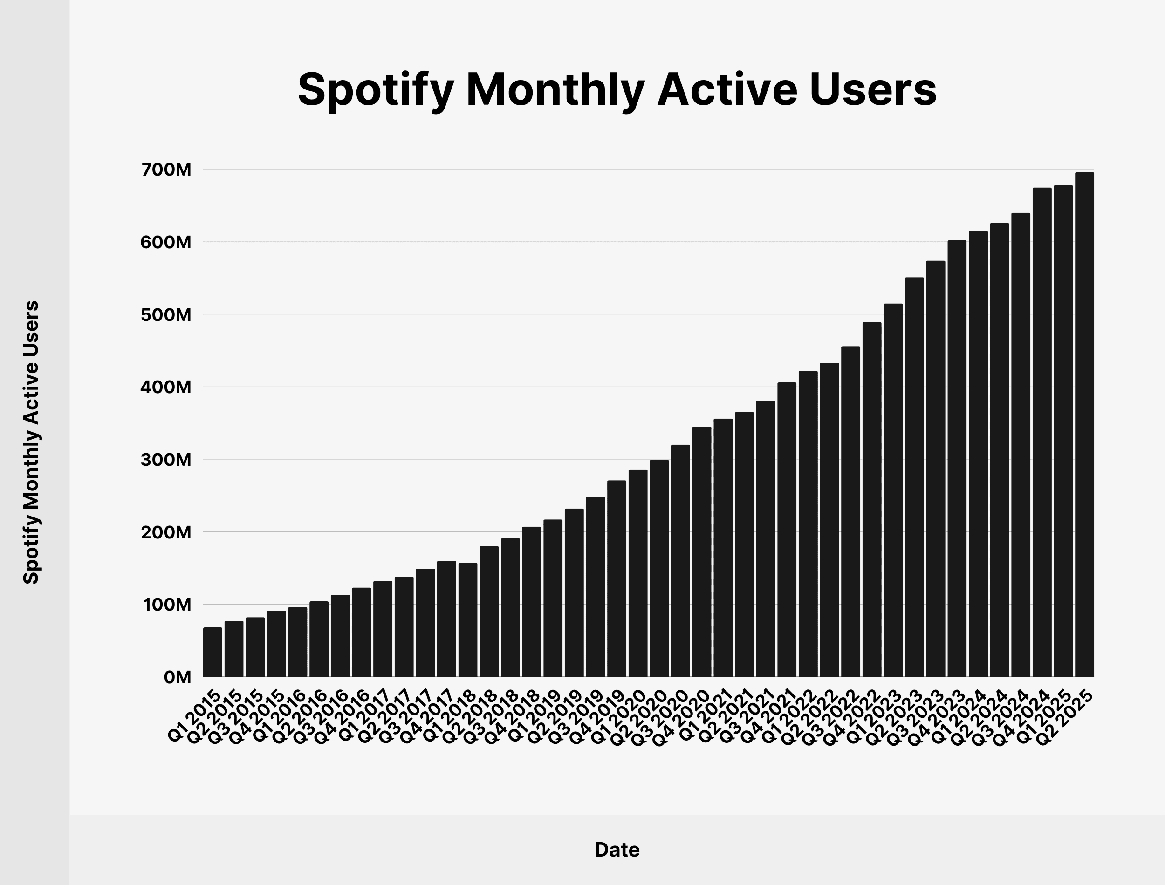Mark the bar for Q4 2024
click(1042, 432)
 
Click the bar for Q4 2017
click(446, 619)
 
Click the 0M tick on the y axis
click(177, 677)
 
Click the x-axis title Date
click(617, 850)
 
